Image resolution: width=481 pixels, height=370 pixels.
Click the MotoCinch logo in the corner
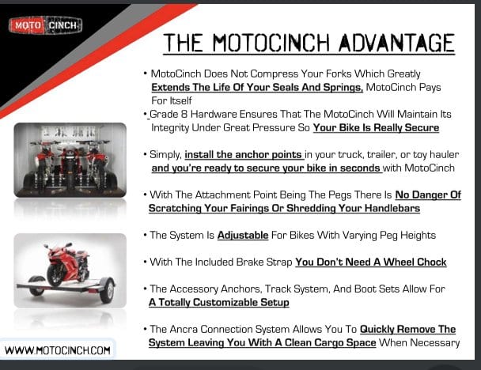tap(45, 25)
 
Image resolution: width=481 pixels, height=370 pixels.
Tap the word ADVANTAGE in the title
tap(396, 43)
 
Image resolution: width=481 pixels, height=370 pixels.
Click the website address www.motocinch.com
tap(58, 350)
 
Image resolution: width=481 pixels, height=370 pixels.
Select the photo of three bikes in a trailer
tap(70, 160)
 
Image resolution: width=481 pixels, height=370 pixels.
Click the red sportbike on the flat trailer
tap(67, 264)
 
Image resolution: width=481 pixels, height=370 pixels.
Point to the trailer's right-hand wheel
tap(107, 289)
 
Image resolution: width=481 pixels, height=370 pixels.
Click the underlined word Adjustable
tap(243, 235)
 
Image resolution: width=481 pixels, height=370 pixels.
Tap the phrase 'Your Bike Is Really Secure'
tap(376, 127)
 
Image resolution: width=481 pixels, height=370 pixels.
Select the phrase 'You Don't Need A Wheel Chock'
tap(371, 262)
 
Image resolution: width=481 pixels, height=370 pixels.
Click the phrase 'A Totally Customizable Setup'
tap(218, 302)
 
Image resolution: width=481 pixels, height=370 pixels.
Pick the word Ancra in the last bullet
tap(183, 329)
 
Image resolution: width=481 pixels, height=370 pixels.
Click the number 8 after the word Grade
tap(184, 114)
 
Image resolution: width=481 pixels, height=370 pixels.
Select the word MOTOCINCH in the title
tap(271, 43)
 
